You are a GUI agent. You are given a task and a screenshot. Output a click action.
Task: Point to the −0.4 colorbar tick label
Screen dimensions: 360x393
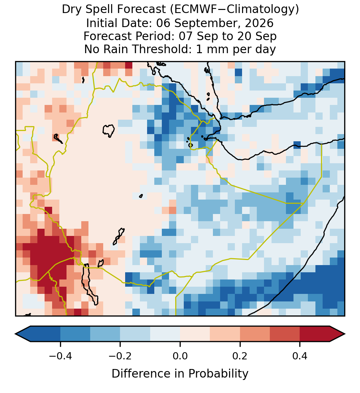[x=60, y=356]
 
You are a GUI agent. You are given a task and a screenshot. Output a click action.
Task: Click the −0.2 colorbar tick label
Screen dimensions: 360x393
[x=120, y=356]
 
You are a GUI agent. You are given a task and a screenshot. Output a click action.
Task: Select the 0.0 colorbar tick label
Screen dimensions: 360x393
[x=180, y=356]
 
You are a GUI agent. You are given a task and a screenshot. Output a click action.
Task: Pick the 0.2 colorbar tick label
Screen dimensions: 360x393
[x=240, y=356]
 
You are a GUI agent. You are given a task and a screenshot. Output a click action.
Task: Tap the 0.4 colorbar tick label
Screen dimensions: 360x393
[x=300, y=356]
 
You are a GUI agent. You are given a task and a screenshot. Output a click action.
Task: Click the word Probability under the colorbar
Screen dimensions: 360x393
[x=218, y=374]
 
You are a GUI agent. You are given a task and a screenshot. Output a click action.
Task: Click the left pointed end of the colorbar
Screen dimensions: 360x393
[x=15, y=334]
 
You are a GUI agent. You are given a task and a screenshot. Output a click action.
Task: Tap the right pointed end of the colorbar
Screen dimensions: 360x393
[x=345, y=334]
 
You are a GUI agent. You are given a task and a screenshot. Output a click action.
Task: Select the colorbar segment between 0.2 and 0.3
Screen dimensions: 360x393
[x=255, y=334]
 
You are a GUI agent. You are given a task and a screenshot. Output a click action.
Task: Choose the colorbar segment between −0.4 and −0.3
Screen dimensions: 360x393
[x=75, y=334]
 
